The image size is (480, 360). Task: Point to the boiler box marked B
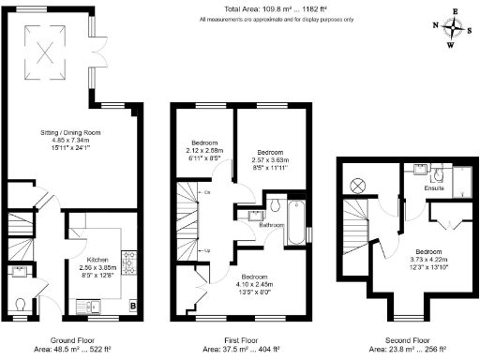pyautogui.click(x=133, y=306)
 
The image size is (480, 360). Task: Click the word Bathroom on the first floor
pyautogui.click(x=272, y=226)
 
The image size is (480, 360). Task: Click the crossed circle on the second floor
pyautogui.click(x=356, y=186)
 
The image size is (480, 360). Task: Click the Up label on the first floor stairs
pyautogui.click(x=206, y=250)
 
